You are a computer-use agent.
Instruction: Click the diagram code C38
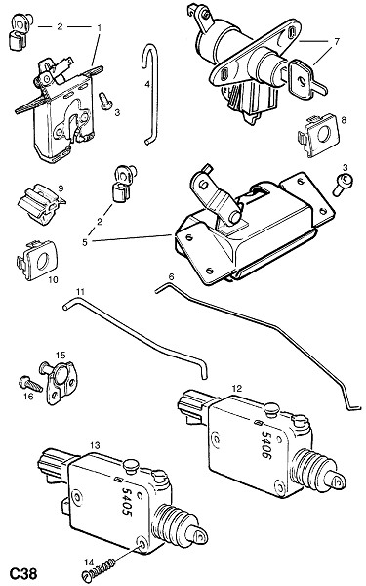22,572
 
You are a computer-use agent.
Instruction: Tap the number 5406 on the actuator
265,444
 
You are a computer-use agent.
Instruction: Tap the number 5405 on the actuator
127,502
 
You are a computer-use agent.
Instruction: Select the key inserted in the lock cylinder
304,80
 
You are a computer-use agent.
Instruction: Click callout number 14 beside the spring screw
89,562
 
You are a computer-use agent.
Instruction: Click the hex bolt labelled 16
30,384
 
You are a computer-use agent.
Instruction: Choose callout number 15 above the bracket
61,355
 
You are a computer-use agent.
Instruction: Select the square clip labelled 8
318,136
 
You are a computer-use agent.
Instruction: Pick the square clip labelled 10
37,260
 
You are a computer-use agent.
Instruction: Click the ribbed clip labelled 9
40,204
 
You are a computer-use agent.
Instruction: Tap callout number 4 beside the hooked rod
147,84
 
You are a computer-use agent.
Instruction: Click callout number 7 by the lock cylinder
336,41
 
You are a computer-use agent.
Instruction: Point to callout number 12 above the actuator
237,389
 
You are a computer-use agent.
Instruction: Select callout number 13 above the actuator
95,445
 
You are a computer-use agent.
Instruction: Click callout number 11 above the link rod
81,291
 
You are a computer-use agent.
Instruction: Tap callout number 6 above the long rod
172,276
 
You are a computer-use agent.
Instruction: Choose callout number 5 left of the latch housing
85,242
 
